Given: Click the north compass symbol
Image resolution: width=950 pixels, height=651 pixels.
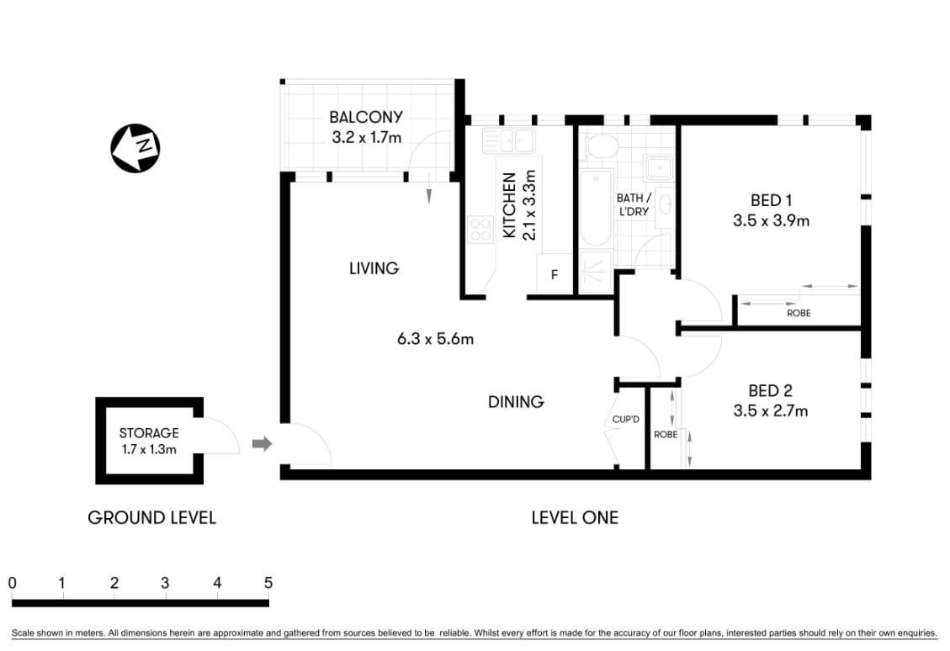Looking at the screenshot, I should pyautogui.click(x=135, y=149).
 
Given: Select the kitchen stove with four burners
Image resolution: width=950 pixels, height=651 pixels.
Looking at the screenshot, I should pyautogui.click(x=480, y=230).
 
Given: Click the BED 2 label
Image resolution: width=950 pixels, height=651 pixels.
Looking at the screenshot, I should pyautogui.click(x=770, y=391).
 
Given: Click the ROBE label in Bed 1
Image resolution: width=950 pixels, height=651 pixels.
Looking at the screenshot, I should pyautogui.click(x=799, y=313).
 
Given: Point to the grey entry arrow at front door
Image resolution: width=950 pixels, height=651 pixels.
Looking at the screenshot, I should pyautogui.click(x=263, y=444).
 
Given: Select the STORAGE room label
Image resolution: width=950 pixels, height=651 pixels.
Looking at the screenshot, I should pyautogui.click(x=149, y=433).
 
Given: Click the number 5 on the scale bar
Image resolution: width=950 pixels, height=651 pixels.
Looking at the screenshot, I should pyautogui.click(x=268, y=582).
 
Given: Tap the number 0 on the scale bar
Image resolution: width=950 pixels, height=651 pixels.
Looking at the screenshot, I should pyautogui.click(x=13, y=582).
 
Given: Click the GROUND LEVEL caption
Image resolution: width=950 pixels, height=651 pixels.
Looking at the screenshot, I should pyautogui.click(x=151, y=517).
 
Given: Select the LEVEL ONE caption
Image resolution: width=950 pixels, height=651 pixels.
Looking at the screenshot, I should pyautogui.click(x=574, y=517).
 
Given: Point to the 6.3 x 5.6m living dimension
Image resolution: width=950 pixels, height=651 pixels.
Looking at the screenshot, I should pyautogui.click(x=435, y=340).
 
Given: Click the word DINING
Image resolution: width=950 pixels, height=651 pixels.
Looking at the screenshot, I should pyautogui.click(x=516, y=402).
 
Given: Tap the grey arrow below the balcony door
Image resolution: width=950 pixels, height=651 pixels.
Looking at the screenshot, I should pyautogui.click(x=428, y=195).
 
